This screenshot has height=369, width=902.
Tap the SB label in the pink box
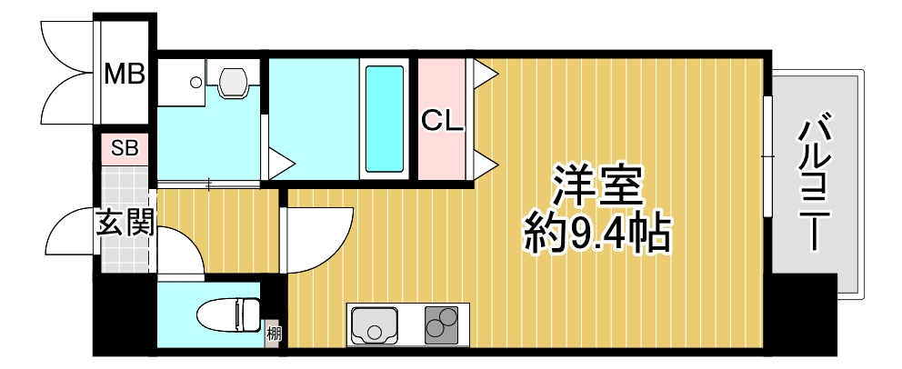[x=124, y=148]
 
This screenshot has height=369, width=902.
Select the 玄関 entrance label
[x=125, y=224]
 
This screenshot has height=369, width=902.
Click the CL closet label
[x=442, y=120]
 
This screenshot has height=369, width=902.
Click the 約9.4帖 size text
[x=597, y=235]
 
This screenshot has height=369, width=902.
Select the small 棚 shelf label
[x=273, y=334]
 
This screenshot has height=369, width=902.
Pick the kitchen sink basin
[x=373, y=324]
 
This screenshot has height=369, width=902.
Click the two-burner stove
[x=443, y=324]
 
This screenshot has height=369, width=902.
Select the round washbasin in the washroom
[x=195, y=82]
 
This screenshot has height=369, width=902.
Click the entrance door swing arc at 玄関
[x=68, y=234]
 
